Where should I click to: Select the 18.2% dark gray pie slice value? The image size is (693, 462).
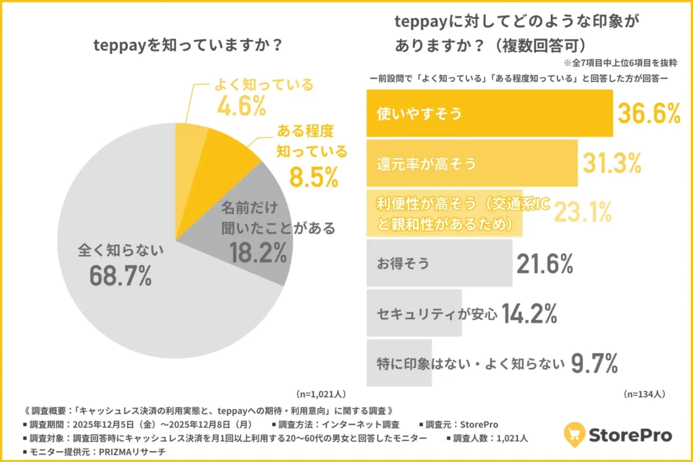click(x=258, y=253)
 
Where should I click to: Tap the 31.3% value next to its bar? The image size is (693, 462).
click(x=612, y=163)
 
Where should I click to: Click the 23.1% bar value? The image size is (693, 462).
click(x=583, y=212)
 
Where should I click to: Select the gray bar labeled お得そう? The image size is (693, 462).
click(x=439, y=264)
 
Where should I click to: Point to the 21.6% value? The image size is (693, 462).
click(x=545, y=264)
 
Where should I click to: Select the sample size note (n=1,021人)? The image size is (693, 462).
click(x=319, y=393)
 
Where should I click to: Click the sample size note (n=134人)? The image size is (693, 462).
click(x=644, y=393)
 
